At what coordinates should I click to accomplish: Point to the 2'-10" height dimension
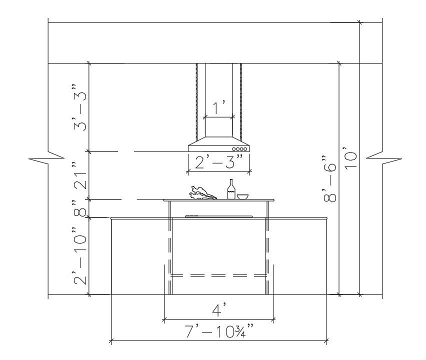point(80,255)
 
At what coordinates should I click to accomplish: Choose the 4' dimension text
point(219,310)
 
